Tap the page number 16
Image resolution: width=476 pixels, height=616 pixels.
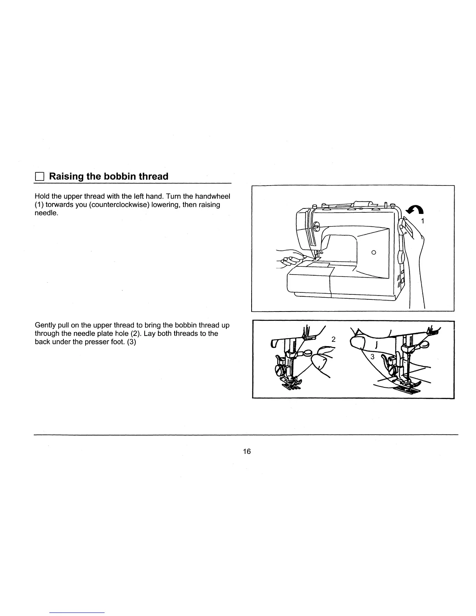pyautogui.click(x=247, y=451)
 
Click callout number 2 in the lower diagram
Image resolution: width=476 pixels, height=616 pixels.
pyautogui.click(x=333, y=339)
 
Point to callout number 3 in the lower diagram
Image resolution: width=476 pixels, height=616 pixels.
pyautogui.click(x=372, y=357)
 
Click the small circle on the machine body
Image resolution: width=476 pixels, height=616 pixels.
pyautogui.click(x=373, y=252)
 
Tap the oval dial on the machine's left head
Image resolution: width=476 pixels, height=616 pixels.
pyautogui.click(x=316, y=225)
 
